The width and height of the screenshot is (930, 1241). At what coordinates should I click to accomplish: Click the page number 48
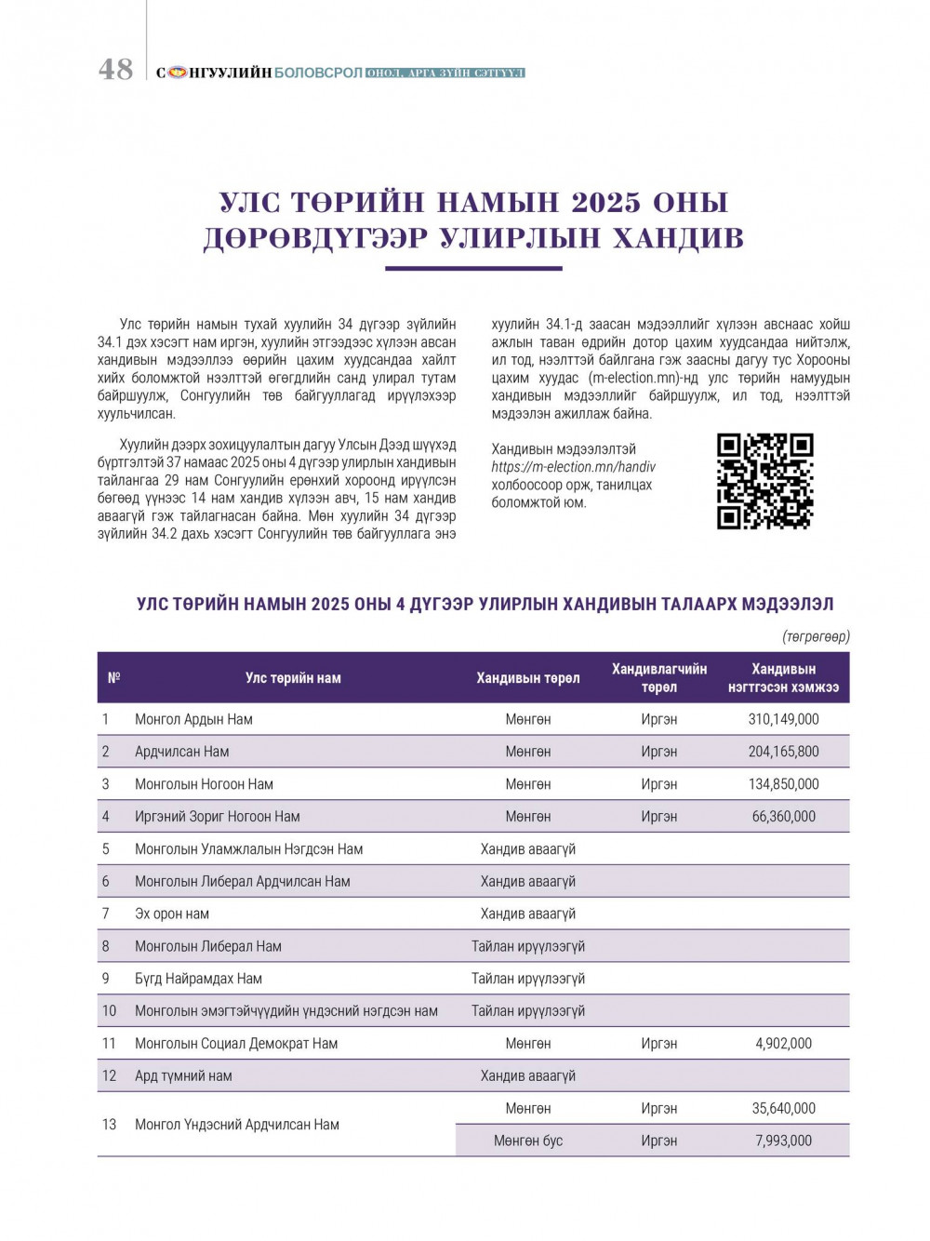tap(116, 70)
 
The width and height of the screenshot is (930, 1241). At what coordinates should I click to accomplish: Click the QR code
tap(764, 481)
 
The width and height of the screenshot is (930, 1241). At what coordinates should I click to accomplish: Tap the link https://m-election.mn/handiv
tap(573, 467)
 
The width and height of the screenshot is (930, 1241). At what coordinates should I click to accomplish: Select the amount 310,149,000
tap(783, 719)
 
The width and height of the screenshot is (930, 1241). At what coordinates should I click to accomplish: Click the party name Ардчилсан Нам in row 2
tap(181, 752)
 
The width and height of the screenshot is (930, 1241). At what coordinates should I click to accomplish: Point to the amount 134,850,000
tap(783, 784)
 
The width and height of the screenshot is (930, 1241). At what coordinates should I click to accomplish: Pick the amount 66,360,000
tap(783, 817)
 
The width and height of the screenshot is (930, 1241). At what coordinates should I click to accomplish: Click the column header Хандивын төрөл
tap(527, 678)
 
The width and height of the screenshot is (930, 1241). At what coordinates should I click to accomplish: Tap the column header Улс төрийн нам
tap(293, 678)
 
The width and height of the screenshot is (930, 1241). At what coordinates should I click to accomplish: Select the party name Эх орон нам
tap(172, 914)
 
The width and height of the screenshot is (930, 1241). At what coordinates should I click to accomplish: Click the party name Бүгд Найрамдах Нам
tap(198, 979)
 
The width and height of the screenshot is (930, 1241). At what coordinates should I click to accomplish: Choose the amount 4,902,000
tap(783, 1044)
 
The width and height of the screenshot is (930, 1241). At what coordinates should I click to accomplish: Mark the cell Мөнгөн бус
tap(527, 1141)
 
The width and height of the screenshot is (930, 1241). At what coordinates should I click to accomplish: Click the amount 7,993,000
tap(783, 1141)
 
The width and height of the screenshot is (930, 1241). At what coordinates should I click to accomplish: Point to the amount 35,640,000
tap(783, 1108)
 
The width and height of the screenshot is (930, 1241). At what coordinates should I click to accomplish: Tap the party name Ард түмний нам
tap(183, 1075)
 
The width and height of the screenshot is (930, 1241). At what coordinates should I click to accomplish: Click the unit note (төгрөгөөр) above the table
tap(816, 636)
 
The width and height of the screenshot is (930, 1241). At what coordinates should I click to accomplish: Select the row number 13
tap(109, 1125)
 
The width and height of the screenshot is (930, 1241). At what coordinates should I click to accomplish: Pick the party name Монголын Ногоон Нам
tap(204, 784)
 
